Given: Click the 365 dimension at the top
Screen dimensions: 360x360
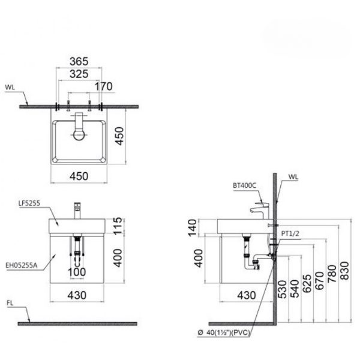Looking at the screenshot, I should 79,61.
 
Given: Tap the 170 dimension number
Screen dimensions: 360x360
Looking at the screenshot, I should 104,86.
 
